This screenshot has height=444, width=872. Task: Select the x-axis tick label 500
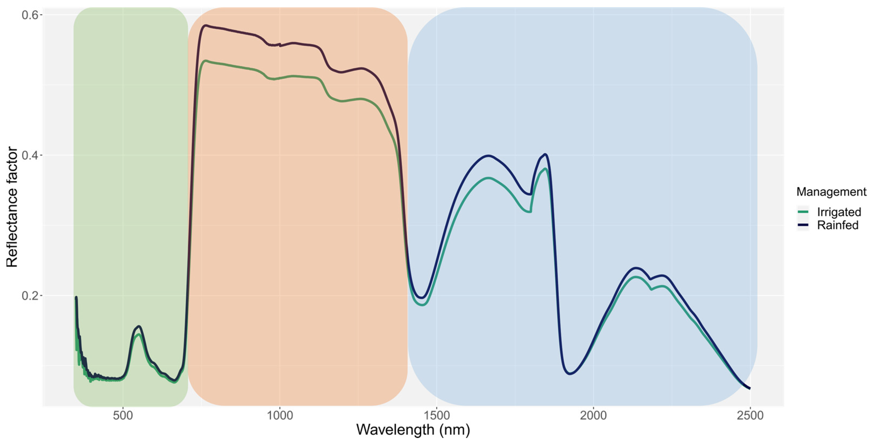tap(123, 415)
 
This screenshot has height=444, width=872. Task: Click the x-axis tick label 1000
tap(280, 415)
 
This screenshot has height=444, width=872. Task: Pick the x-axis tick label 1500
tap(437, 415)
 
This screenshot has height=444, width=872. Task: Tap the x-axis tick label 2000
tap(593, 415)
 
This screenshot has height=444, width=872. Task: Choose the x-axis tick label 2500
tap(750, 415)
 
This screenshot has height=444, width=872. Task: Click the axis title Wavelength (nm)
tap(413, 430)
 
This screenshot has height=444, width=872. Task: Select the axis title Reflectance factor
tap(12, 207)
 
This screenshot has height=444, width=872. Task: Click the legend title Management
tap(831, 192)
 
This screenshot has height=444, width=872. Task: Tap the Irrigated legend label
tap(839, 212)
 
